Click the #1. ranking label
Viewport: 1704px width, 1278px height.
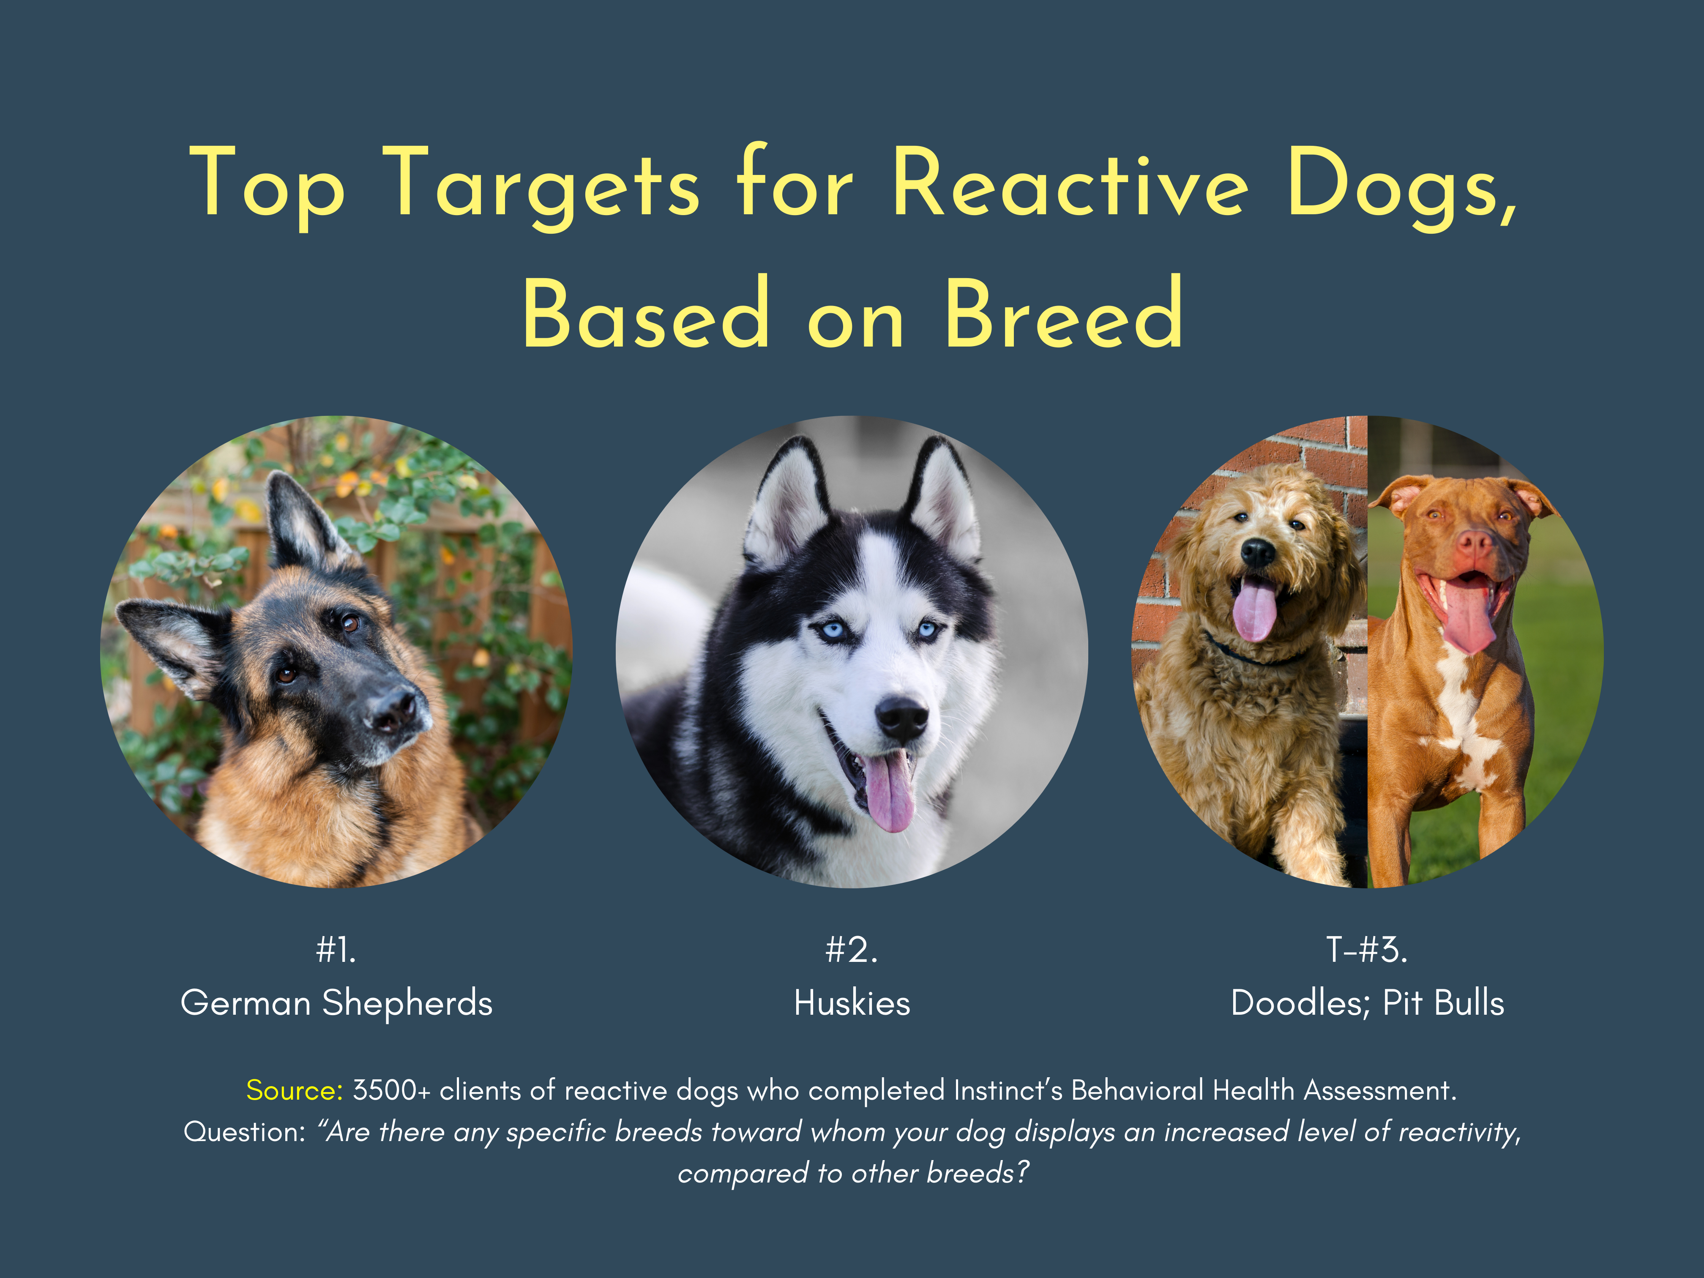336,950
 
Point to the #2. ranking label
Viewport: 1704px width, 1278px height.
851,950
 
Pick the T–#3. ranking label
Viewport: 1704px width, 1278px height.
1367,950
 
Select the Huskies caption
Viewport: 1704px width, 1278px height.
852,1003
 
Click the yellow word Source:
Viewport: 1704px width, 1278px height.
294,1090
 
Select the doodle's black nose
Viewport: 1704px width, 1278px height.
1258,552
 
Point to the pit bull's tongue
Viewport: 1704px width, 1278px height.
1467,616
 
